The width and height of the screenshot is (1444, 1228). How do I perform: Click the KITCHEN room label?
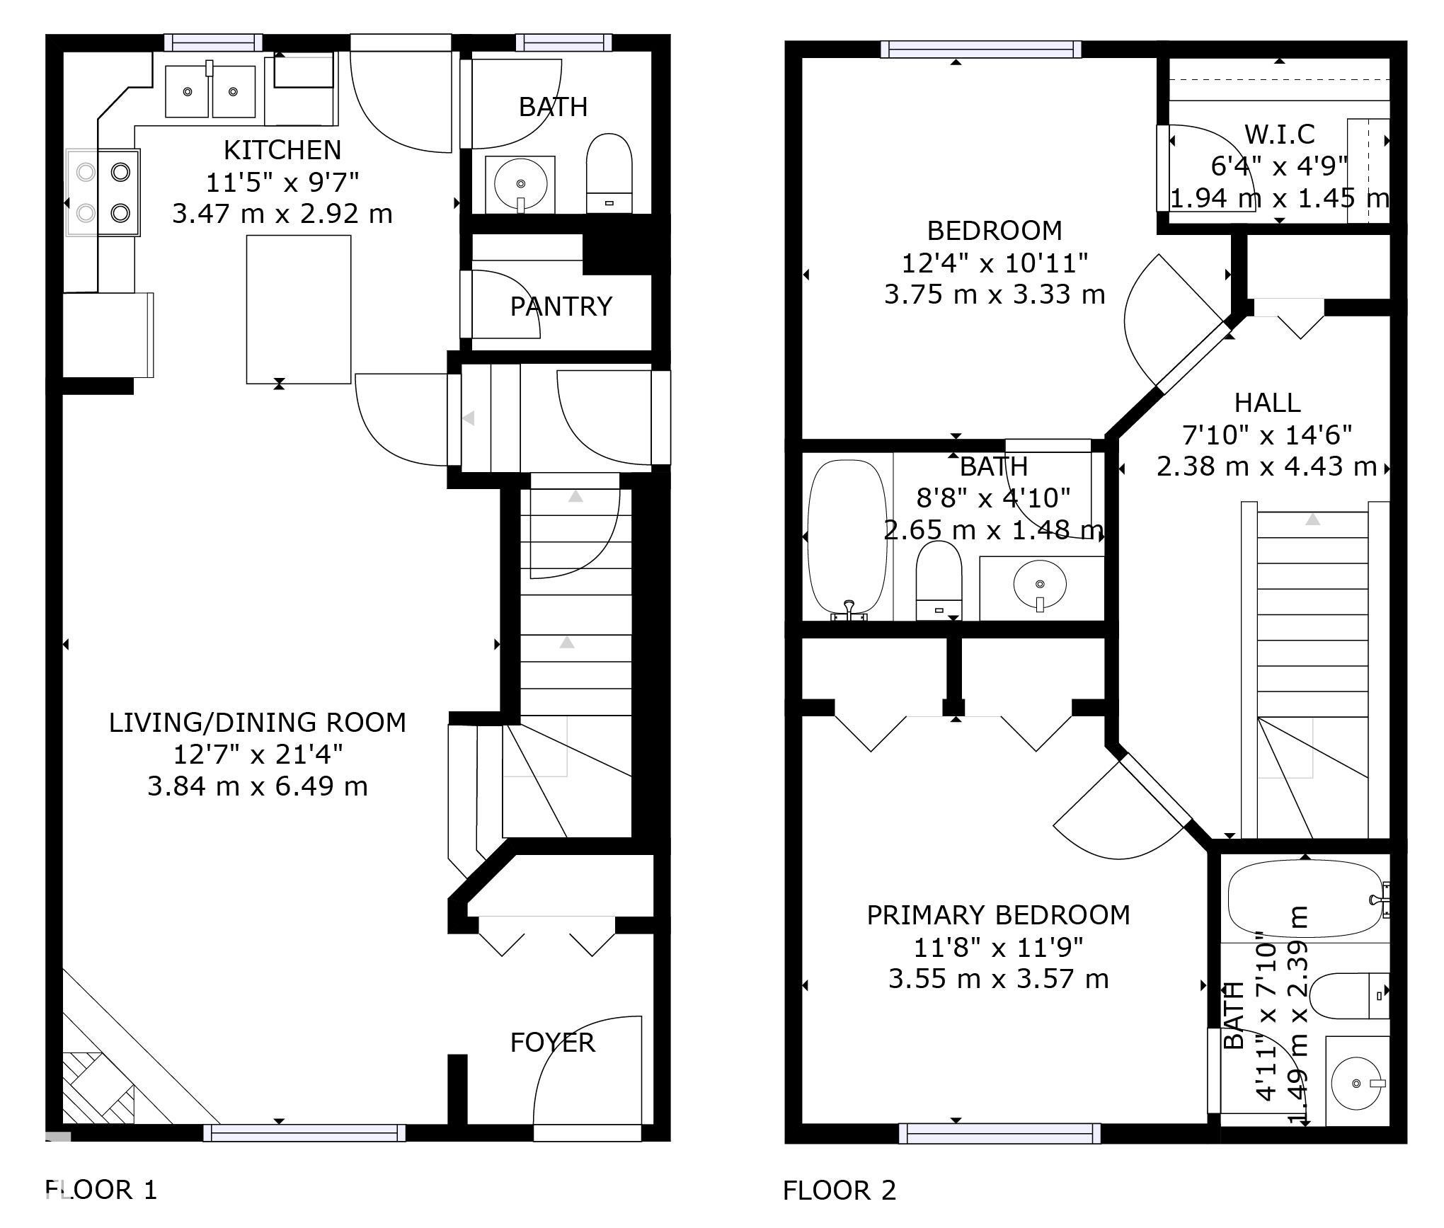pos(282,150)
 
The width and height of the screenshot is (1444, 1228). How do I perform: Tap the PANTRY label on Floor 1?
pos(561,306)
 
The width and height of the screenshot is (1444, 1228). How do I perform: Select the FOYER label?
pos(553,1043)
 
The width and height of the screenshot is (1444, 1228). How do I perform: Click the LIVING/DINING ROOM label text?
pos(258,723)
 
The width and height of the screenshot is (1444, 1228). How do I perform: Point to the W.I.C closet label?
pos(1280,134)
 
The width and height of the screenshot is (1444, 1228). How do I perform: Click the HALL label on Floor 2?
pos(1268,403)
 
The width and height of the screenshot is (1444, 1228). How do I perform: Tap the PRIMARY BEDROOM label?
pos(999,915)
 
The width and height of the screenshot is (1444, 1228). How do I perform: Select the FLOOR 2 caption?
pos(840,1190)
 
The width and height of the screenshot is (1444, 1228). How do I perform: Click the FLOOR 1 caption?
pos(101,1190)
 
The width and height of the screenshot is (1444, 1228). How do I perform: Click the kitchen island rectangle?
pos(299,309)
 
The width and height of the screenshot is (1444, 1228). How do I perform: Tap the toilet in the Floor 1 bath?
pos(609,173)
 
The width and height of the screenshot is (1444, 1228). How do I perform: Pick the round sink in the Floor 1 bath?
pos(520,184)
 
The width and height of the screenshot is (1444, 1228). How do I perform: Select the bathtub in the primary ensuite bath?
pos(1305,898)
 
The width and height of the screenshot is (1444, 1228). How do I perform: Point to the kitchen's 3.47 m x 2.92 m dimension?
pos(282,214)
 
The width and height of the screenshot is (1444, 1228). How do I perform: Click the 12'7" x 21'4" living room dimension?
pos(258,754)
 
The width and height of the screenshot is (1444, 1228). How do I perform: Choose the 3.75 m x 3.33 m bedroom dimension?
pos(995,294)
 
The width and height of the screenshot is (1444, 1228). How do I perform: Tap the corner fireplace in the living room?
pos(99,1069)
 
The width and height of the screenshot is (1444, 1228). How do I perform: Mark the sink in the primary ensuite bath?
pos(1356,1083)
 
